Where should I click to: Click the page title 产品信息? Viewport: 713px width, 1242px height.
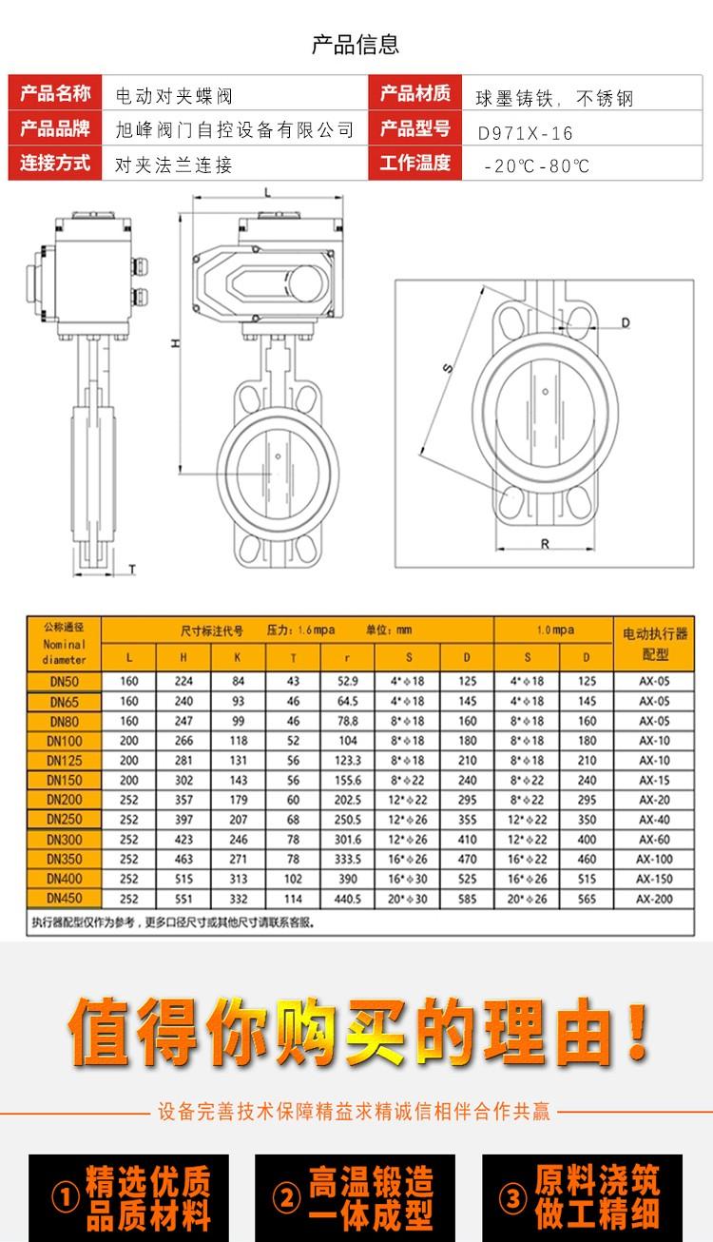356,45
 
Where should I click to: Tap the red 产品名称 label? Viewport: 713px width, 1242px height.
55,92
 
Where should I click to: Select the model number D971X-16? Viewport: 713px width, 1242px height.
525,133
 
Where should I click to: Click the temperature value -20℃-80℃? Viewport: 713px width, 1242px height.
537,165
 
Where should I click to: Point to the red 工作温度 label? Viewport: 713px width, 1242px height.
414,163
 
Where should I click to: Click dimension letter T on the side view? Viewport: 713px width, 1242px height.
132,569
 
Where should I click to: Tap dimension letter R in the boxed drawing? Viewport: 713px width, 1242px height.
545,544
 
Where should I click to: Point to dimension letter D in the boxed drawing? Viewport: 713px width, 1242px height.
626,322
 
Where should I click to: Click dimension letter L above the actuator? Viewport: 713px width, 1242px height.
268,193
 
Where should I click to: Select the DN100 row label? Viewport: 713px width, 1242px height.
65,741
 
